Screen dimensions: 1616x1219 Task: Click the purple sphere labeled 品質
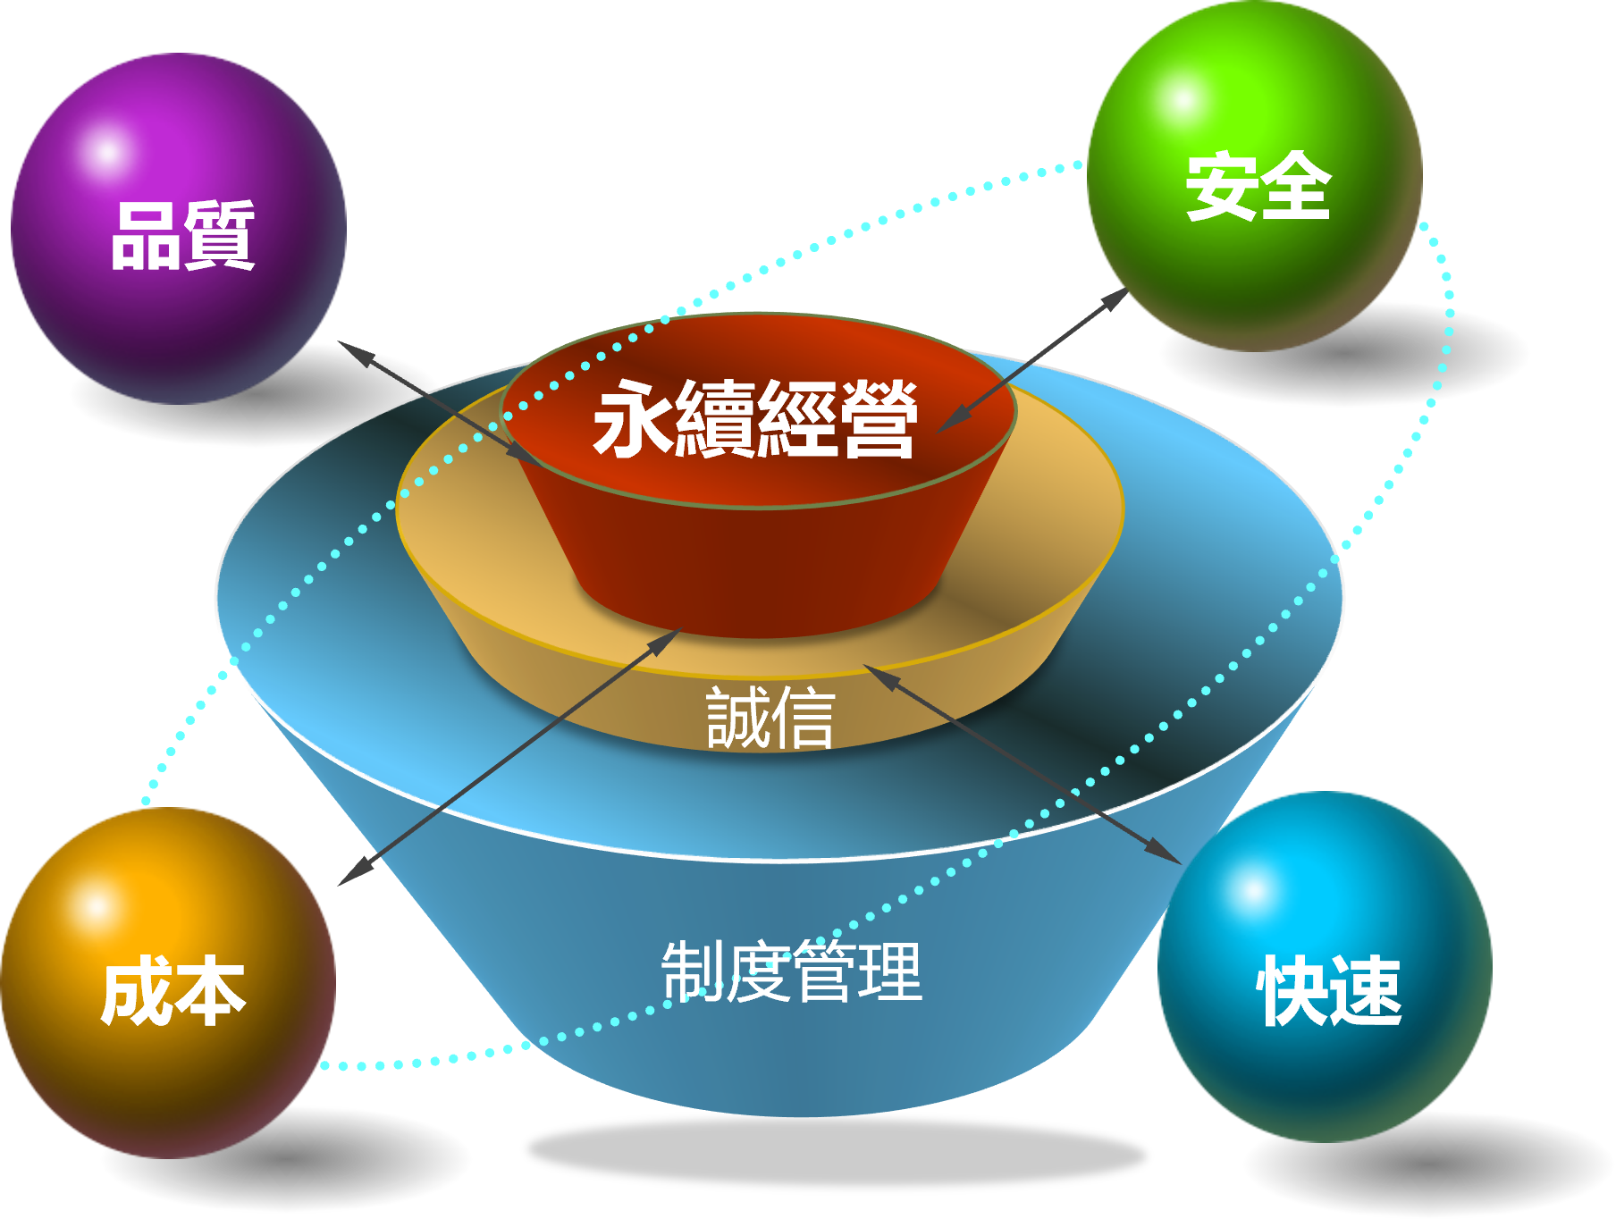click(x=179, y=229)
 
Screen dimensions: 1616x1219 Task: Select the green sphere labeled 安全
click(x=1255, y=175)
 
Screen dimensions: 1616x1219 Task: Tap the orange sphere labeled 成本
click(x=168, y=983)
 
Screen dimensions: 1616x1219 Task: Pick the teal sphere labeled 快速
click(x=1325, y=967)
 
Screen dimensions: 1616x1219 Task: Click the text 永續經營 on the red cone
click(x=755, y=418)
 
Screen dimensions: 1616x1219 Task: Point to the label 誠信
click(x=770, y=717)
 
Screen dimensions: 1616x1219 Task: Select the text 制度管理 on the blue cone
click(x=792, y=971)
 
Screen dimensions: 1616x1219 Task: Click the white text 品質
click(x=183, y=235)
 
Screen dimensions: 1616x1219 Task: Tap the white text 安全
click(x=1258, y=186)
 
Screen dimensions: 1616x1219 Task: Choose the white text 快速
click(x=1329, y=990)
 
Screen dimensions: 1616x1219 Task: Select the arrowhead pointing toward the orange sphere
click(x=356, y=872)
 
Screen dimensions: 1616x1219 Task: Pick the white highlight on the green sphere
click(x=1182, y=98)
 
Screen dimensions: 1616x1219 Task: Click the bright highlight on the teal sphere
click(x=1253, y=890)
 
